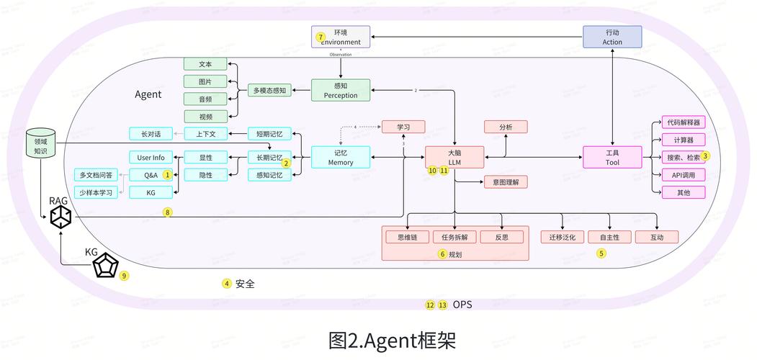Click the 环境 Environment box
(x=341, y=37)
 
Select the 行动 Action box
(x=612, y=37)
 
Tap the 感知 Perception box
(x=340, y=90)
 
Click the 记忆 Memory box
(x=340, y=157)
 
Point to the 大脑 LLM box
(x=454, y=157)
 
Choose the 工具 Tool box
(x=612, y=157)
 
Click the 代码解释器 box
(x=683, y=122)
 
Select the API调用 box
(x=683, y=175)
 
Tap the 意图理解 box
(x=506, y=181)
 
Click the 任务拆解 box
(x=454, y=237)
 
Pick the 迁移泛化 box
(x=563, y=237)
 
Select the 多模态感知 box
(x=269, y=91)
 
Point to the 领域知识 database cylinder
(x=40, y=143)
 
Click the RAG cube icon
(x=61, y=216)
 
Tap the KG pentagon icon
(x=105, y=267)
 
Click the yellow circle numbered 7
(x=321, y=37)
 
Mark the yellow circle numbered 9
(x=124, y=276)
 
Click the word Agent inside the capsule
(x=148, y=94)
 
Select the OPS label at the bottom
(x=462, y=305)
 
